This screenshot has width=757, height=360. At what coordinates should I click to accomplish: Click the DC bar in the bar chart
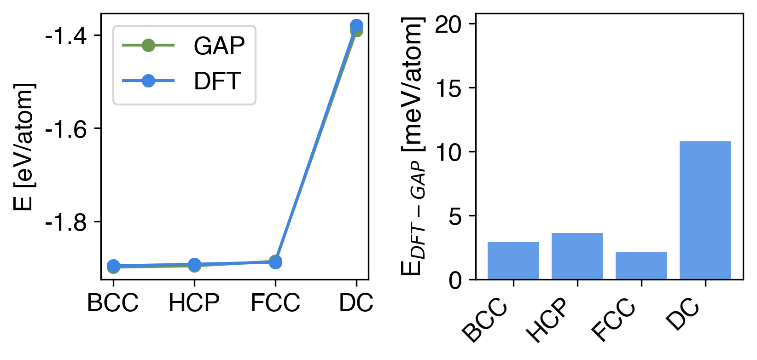[705, 210]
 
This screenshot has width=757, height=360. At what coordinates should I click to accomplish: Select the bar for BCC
[513, 261]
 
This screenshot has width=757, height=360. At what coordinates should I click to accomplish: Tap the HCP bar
[577, 256]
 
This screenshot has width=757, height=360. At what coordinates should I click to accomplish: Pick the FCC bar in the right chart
[641, 266]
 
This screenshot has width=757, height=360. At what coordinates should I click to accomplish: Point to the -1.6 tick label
[66, 129]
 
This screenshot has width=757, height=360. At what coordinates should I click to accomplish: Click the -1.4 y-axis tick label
[66, 35]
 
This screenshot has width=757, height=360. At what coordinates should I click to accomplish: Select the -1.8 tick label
[66, 222]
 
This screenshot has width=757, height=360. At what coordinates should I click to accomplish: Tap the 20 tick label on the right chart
[448, 24]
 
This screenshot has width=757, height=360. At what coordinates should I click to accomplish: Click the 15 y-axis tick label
[448, 88]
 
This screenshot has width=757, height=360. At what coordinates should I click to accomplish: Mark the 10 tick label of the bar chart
[448, 152]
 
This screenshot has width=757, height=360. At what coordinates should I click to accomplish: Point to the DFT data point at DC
[356, 26]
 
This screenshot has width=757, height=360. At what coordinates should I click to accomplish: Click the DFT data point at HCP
[194, 265]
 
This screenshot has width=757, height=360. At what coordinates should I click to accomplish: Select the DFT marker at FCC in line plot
[275, 262]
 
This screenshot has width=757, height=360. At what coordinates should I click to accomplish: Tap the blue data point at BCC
[113, 266]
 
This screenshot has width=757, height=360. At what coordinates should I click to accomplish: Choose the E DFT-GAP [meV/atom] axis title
[413, 147]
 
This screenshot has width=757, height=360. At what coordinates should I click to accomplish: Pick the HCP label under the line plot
[194, 303]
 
